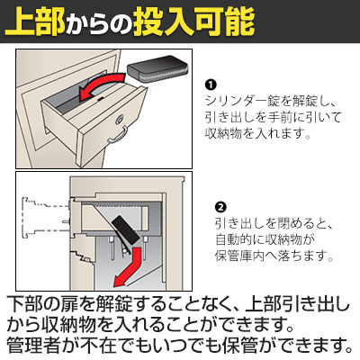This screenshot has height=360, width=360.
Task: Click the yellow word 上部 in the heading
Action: point(35,22)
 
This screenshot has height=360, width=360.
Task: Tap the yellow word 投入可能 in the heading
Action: point(193,22)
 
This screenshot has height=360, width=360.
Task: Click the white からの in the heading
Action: point(99,25)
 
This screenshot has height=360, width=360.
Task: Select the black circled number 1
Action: point(211,85)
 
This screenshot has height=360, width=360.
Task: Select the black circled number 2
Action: point(220,207)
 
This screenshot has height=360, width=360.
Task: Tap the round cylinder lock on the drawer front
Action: point(120,120)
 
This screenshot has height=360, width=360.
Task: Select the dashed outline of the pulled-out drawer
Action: point(46,218)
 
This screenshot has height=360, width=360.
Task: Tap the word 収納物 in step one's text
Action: point(223,132)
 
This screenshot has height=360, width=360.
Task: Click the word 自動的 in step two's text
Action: point(234,239)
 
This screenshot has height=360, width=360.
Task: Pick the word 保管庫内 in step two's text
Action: point(240,256)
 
